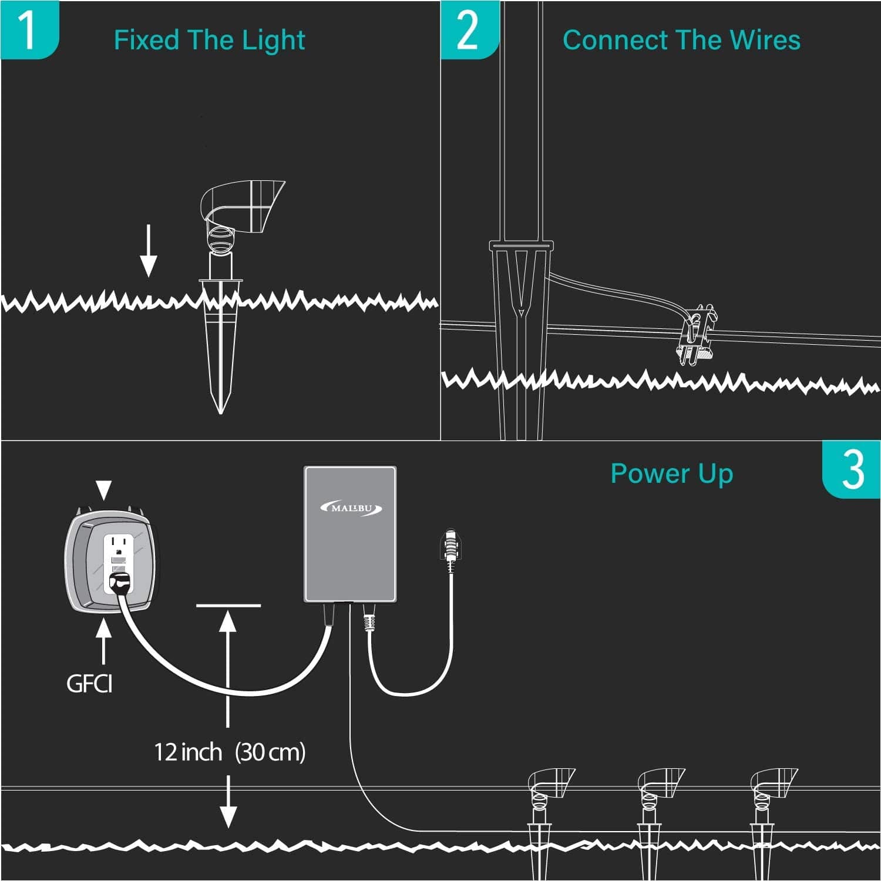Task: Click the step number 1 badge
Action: tap(29, 30)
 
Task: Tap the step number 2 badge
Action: tap(469, 30)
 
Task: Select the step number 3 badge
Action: tap(851, 469)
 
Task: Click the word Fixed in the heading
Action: tap(146, 40)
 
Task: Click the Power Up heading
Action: tap(672, 474)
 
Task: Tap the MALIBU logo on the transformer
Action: tap(351, 508)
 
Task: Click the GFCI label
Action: tap(89, 684)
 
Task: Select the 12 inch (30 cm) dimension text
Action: tap(230, 752)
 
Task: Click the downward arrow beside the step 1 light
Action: tap(149, 251)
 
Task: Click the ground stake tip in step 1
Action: tap(221, 412)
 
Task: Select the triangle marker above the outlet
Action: tap(104, 490)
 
